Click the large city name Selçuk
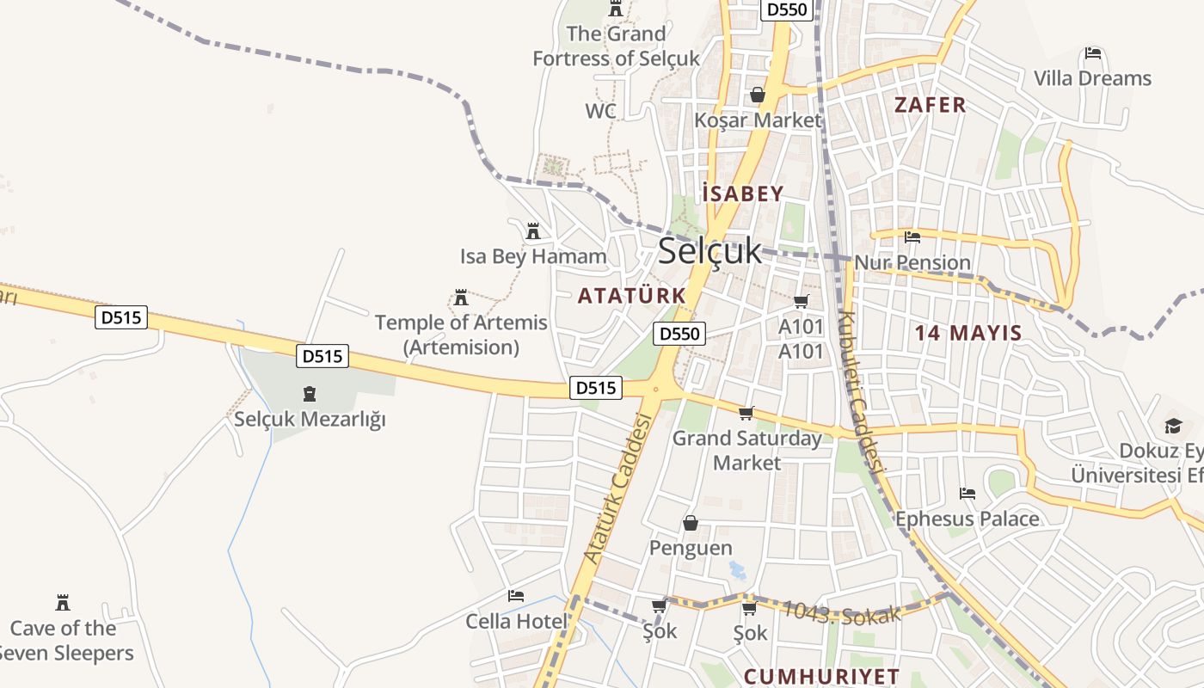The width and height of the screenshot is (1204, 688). pyautogui.click(x=709, y=251)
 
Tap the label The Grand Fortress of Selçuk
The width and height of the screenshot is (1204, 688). pyautogui.click(x=616, y=46)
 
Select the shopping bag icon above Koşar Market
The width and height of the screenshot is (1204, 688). pyautogui.click(x=758, y=95)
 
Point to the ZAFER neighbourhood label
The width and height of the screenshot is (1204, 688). pyautogui.click(x=930, y=105)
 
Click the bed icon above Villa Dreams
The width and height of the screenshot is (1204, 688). pyautogui.click(x=1093, y=53)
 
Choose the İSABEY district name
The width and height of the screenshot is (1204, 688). pyautogui.click(x=743, y=193)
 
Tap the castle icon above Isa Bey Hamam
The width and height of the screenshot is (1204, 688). pyautogui.click(x=533, y=231)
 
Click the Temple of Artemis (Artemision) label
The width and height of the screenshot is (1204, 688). pyautogui.click(x=461, y=335)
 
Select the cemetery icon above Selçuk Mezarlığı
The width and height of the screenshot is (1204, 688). pyautogui.click(x=310, y=395)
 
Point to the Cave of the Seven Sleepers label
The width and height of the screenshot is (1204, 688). pyautogui.click(x=64, y=641)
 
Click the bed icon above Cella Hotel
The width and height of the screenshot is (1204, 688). pyautogui.click(x=516, y=595)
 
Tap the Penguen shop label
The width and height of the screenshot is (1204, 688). pyautogui.click(x=691, y=548)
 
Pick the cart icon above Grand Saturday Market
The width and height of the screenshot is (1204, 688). pyautogui.click(x=746, y=414)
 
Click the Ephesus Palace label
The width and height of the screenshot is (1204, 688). pyautogui.click(x=967, y=519)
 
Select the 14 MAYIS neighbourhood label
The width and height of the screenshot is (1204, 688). pyautogui.click(x=967, y=333)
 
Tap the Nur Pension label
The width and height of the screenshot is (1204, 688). pyautogui.click(x=912, y=262)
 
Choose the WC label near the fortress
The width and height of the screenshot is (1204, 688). pyautogui.click(x=600, y=111)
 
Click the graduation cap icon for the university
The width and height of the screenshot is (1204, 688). pyautogui.click(x=1173, y=426)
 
